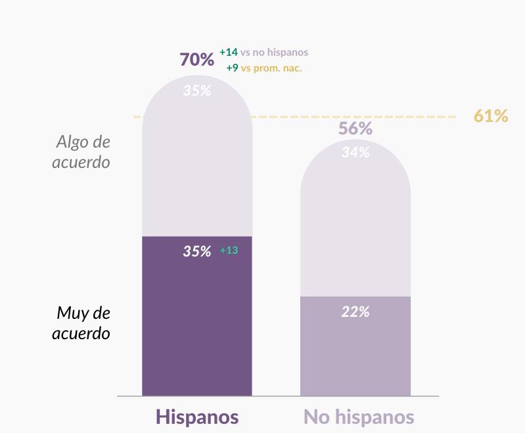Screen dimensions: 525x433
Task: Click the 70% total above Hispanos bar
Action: click(x=197, y=59)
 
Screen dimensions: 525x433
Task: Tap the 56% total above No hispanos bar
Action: click(x=355, y=128)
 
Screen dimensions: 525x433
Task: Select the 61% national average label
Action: click(x=491, y=115)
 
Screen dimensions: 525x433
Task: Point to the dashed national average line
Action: click(x=294, y=117)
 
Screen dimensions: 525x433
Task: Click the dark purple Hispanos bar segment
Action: click(x=197, y=316)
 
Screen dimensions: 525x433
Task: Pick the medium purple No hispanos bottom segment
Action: click(x=355, y=346)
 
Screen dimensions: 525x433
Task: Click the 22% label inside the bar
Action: click(x=355, y=312)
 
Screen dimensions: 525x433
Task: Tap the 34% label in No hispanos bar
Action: click(x=355, y=152)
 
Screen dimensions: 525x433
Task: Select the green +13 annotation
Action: click(x=229, y=250)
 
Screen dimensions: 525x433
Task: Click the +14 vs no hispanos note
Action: click(x=264, y=52)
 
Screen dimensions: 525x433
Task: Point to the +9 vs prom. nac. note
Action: click(x=264, y=68)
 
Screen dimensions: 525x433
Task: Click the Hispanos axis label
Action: click(x=197, y=417)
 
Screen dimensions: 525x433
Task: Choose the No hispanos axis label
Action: click(x=359, y=417)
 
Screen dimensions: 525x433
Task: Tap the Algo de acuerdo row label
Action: click(x=81, y=152)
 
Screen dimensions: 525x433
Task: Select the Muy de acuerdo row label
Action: click(x=81, y=323)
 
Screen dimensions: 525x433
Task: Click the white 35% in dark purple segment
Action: click(x=197, y=251)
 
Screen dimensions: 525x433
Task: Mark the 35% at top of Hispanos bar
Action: click(x=197, y=91)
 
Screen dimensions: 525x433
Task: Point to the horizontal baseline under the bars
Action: click(x=278, y=396)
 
